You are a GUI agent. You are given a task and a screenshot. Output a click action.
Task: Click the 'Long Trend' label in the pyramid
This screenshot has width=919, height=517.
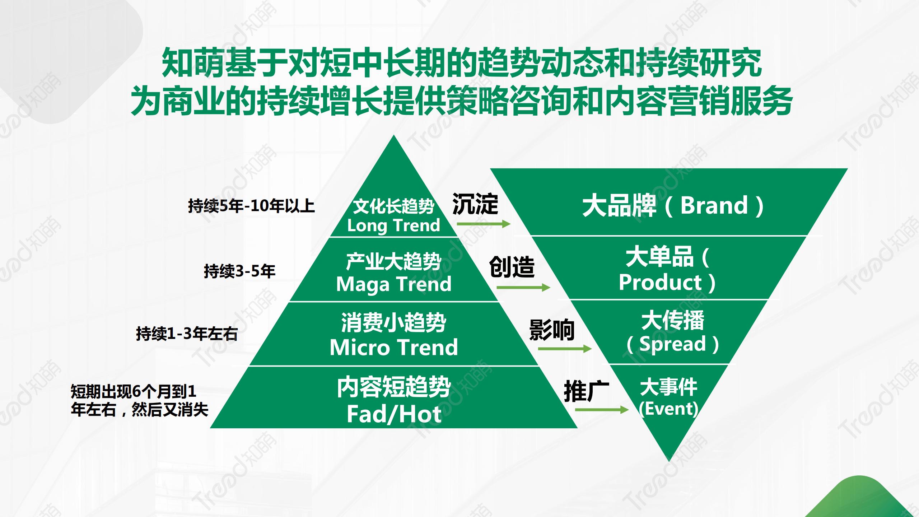point(393,226)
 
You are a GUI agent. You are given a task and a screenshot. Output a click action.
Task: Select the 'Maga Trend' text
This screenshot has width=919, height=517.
point(394,284)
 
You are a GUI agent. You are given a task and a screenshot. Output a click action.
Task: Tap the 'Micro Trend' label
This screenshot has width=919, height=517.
point(394,347)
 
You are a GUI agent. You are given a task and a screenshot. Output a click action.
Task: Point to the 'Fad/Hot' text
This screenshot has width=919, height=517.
point(394,414)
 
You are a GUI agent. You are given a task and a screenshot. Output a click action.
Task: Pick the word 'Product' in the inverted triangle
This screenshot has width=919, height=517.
point(660,282)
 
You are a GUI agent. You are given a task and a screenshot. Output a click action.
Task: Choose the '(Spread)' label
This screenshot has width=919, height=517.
point(672,344)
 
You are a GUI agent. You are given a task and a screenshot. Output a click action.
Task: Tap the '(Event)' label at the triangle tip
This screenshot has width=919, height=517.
point(668,409)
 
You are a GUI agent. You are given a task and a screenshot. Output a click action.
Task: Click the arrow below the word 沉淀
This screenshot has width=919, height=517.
point(484,224)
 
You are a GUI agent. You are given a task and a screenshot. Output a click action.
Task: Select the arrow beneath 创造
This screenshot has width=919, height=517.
point(523,287)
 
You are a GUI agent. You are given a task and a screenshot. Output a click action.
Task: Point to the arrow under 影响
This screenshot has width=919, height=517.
point(565,348)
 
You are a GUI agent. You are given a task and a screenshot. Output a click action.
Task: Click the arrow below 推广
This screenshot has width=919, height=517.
point(602,410)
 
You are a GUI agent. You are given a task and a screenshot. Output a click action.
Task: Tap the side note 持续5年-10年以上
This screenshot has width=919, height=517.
point(251,206)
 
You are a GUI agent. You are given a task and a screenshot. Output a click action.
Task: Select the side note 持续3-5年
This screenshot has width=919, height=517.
point(239,271)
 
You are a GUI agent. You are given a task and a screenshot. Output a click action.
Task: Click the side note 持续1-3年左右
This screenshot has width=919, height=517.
point(187,334)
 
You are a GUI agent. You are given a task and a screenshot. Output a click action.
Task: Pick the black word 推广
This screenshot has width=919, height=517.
point(587,391)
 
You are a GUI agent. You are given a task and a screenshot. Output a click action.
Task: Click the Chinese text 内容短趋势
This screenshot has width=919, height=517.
point(394,387)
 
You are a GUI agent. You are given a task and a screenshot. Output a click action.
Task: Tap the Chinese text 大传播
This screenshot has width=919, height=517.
point(673,320)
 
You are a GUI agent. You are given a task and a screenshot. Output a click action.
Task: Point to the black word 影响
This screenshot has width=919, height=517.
point(552,330)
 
